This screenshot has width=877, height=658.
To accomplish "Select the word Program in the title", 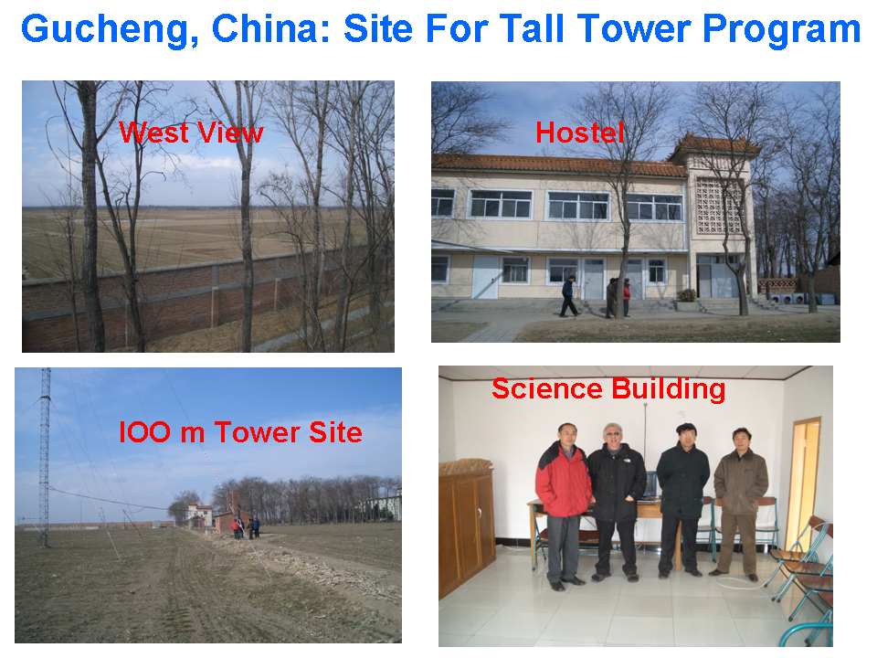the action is tap(781, 30).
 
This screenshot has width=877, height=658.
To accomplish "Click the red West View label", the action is tap(191, 133).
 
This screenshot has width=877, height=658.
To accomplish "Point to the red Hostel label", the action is tap(579, 133).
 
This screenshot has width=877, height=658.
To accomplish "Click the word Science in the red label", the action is tap(547, 388).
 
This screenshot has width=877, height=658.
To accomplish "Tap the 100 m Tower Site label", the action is tap(240, 432).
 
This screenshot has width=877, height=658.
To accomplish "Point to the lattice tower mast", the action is tap(45, 456).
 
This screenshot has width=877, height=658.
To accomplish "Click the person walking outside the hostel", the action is tap(569, 296).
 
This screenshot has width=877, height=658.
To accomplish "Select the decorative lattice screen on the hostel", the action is tap(719, 206).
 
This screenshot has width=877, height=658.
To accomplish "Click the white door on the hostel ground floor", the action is tap(485, 277).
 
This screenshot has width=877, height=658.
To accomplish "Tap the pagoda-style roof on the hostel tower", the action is tap(714, 146).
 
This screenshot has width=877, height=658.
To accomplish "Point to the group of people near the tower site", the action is tap(246, 527).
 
